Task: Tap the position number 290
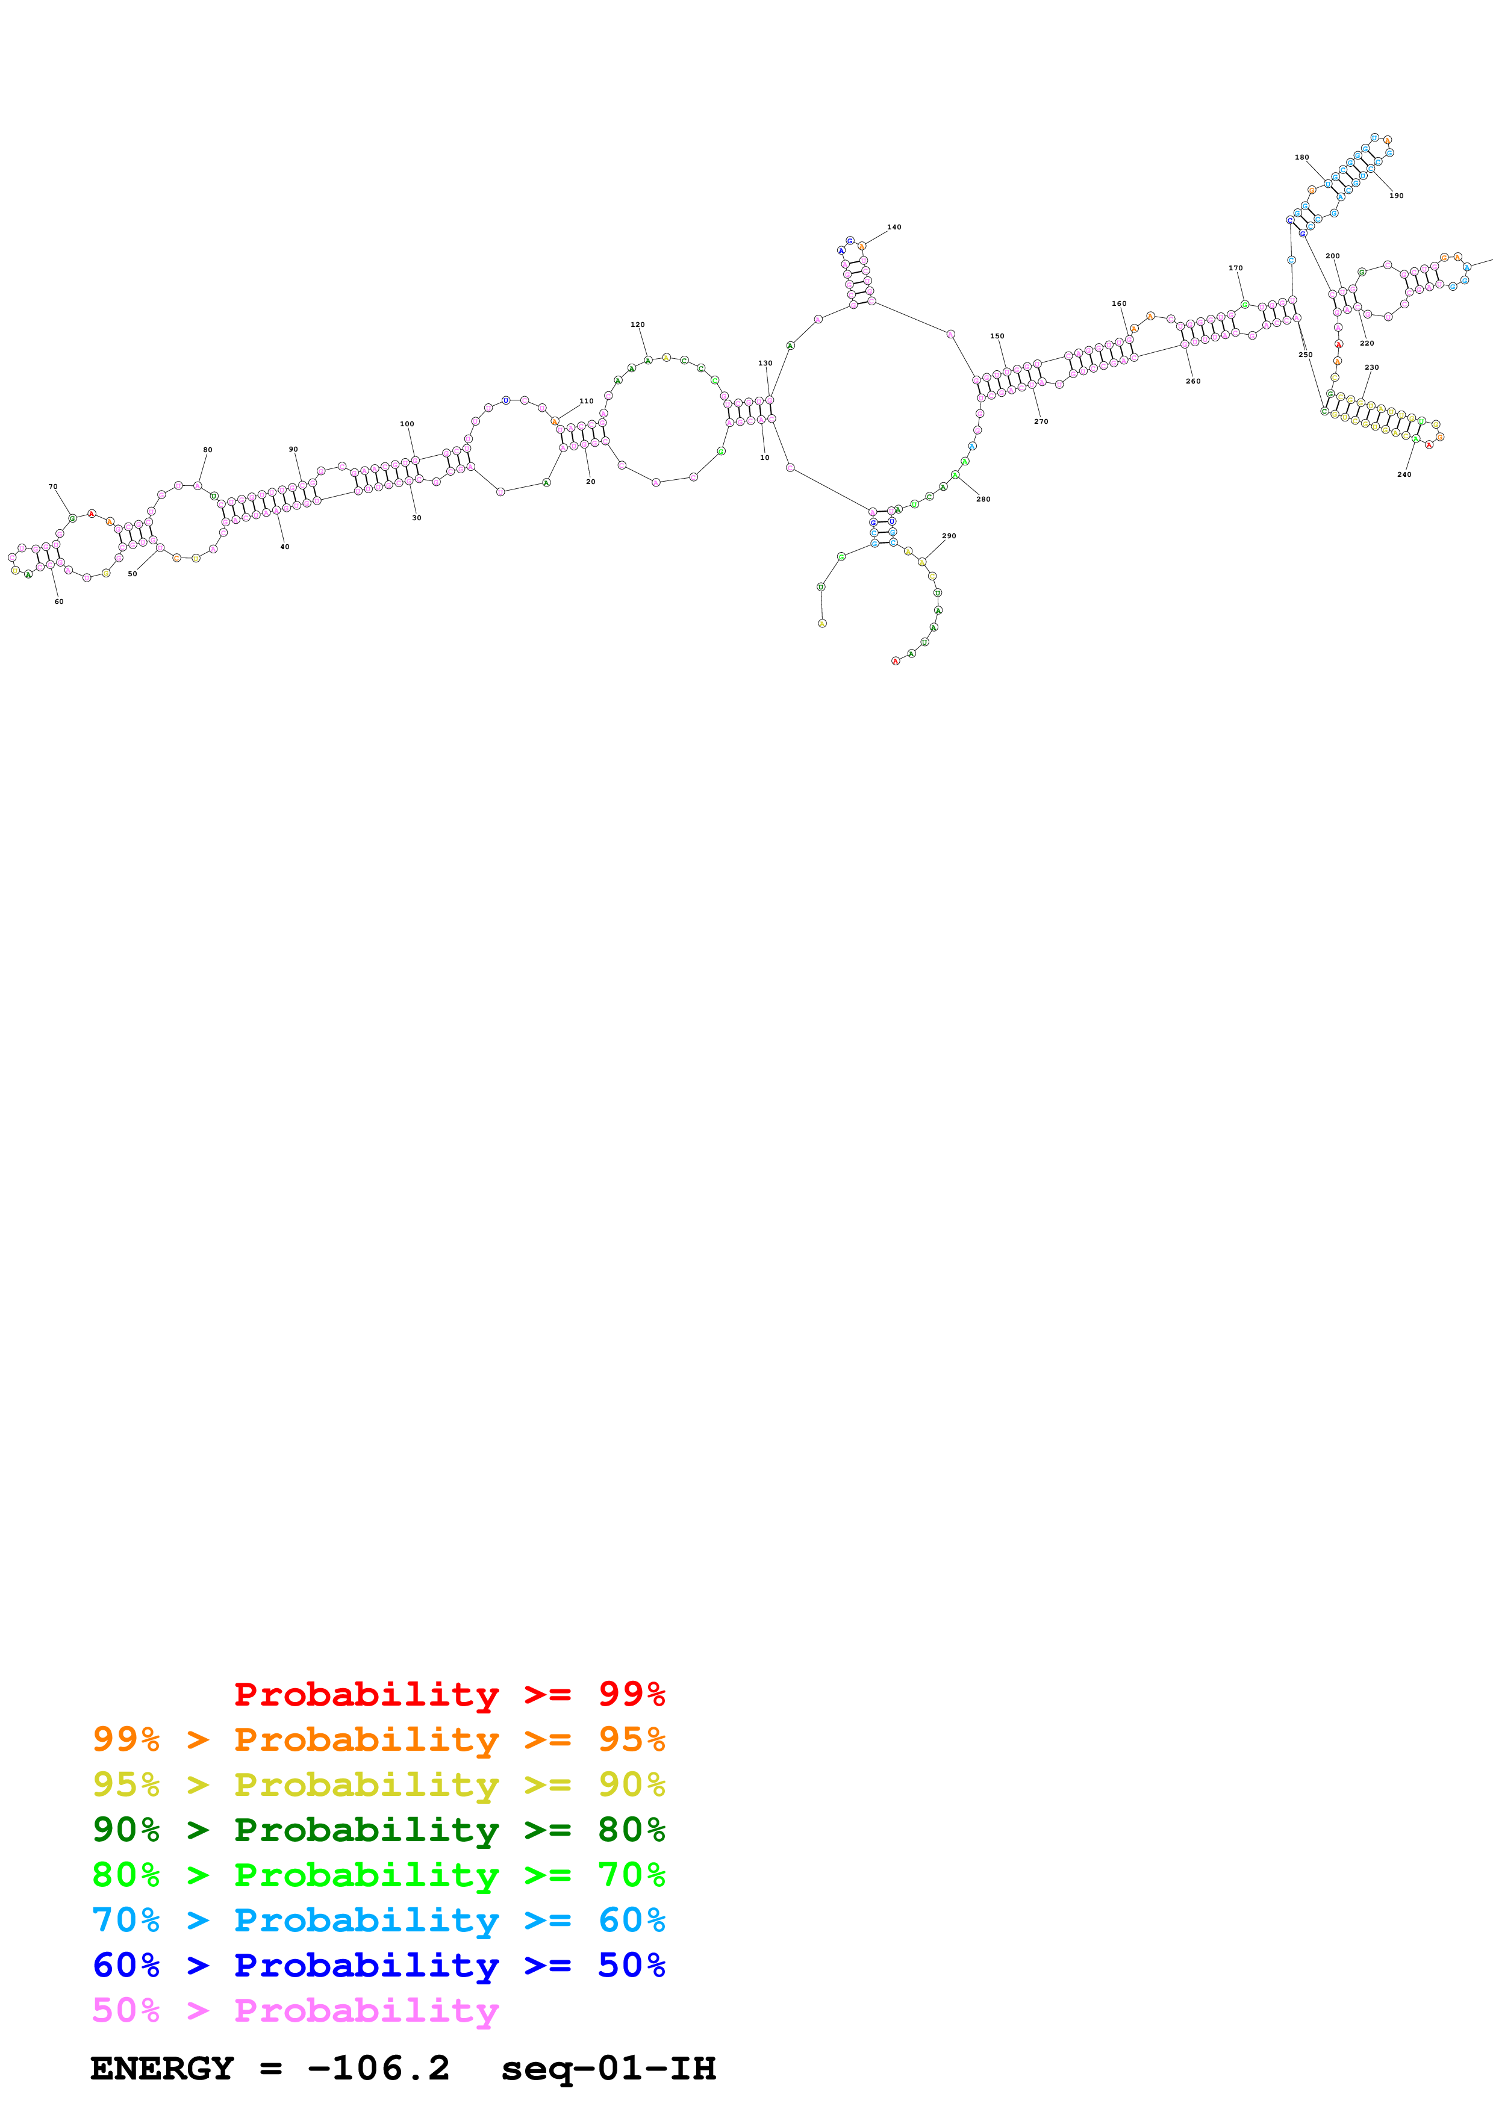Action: [x=949, y=535]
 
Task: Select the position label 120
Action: [x=638, y=325]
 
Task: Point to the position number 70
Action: [x=52, y=486]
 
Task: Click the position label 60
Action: [x=59, y=601]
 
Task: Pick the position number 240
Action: [x=1404, y=474]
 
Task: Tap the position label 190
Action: [x=1397, y=196]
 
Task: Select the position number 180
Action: [x=1301, y=157]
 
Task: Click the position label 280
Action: [x=983, y=500]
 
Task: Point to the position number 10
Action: [x=764, y=457]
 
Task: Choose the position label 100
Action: [x=407, y=424]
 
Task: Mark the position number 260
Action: [x=1193, y=381]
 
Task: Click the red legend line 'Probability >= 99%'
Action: [x=449, y=1694]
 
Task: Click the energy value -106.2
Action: [x=378, y=2068]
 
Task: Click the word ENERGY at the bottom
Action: [x=162, y=2068]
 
